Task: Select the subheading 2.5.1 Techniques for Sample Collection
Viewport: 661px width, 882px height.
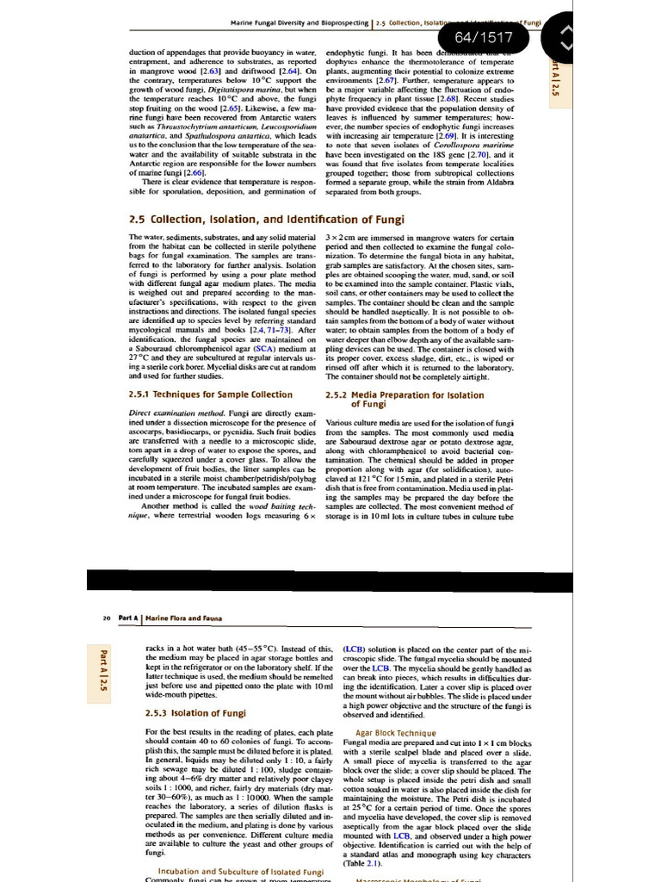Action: (x=210, y=394)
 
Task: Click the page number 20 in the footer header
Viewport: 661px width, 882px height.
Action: (x=106, y=617)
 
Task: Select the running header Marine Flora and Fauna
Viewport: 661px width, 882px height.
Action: (x=179, y=617)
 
